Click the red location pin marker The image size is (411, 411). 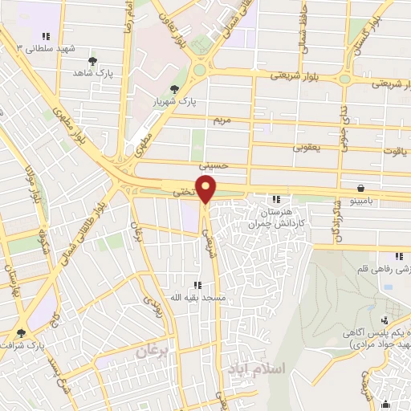click(206, 189)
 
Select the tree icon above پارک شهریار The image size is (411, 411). click(174, 89)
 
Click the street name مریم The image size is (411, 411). click(222, 120)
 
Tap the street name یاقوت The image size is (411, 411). click(393, 149)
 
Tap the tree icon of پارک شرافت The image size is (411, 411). click(21, 332)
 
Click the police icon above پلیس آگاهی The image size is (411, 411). click(384, 319)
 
